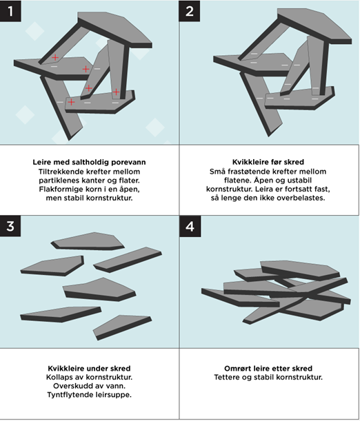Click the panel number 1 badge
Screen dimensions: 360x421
tap(10, 11)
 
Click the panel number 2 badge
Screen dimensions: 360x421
tap(190, 11)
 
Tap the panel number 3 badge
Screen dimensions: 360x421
tap(10, 226)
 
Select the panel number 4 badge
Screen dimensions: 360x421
tap(190, 226)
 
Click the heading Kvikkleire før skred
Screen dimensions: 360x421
tap(268, 162)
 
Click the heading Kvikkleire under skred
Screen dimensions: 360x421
tap(89, 368)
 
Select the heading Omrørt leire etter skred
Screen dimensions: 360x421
tap(268, 368)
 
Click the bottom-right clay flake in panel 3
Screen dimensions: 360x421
tap(122, 327)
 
